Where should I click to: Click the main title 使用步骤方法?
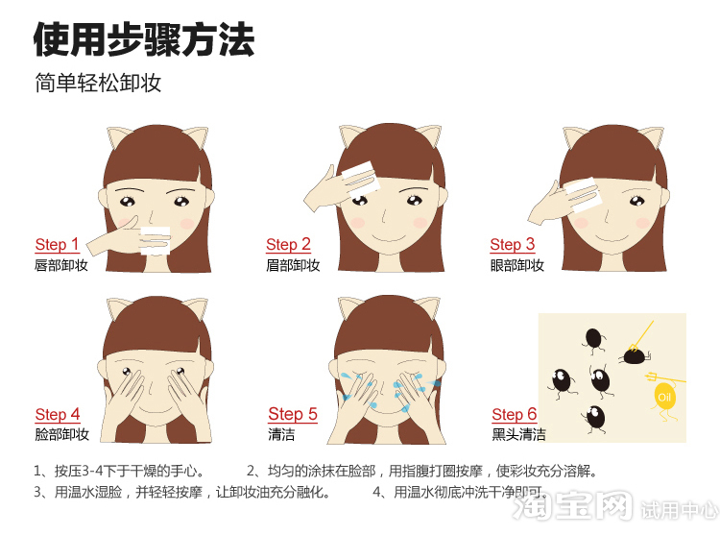[144, 39]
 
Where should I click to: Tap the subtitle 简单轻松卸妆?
[98, 83]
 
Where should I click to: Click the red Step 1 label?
[57, 244]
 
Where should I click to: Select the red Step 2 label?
[288, 244]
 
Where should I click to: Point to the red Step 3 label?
[513, 244]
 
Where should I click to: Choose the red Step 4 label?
[58, 414]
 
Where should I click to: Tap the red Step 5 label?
[293, 414]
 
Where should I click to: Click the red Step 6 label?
[515, 414]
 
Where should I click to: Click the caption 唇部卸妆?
[61, 265]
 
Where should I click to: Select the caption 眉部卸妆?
[293, 265]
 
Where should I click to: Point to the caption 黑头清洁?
[518, 434]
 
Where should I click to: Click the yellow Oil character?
[664, 398]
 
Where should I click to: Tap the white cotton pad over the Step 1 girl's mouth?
[156, 240]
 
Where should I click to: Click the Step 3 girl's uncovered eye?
[637, 201]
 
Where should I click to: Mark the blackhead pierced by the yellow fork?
[634, 356]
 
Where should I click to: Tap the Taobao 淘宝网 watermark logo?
[572, 505]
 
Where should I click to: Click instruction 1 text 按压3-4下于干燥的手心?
[129, 471]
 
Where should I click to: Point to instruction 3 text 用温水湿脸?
[88, 492]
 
